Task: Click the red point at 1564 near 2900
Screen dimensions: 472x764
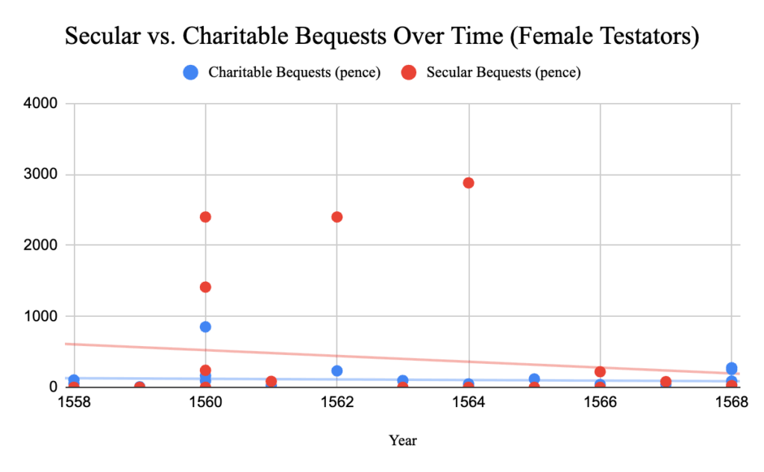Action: (x=469, y=183)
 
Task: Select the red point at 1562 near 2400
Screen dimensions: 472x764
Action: (x=336, y=217)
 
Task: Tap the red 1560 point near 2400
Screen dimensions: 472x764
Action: (x=205, y=217)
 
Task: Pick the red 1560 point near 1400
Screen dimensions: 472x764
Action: (x=205, y=287)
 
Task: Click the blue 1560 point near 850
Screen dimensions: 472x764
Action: (x=205, y=327)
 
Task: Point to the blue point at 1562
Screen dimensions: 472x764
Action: (x=336, y=371)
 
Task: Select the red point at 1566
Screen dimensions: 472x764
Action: (x=600, y=371)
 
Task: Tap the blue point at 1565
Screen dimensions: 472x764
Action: (x=534, y=379)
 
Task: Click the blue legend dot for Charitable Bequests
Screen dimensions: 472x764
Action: (x=191, y=73)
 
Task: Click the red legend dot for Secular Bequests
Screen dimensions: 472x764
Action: (x=408, y=73)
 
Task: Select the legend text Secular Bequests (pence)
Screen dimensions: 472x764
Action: (x=504, y=73)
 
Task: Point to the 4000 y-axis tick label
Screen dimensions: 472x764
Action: (x=42, y=104)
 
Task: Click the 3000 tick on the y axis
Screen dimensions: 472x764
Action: (x=42, y=174)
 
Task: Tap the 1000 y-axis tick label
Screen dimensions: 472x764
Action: (x=42, y=316)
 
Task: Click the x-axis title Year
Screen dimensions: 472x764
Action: (x=403, y=441)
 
